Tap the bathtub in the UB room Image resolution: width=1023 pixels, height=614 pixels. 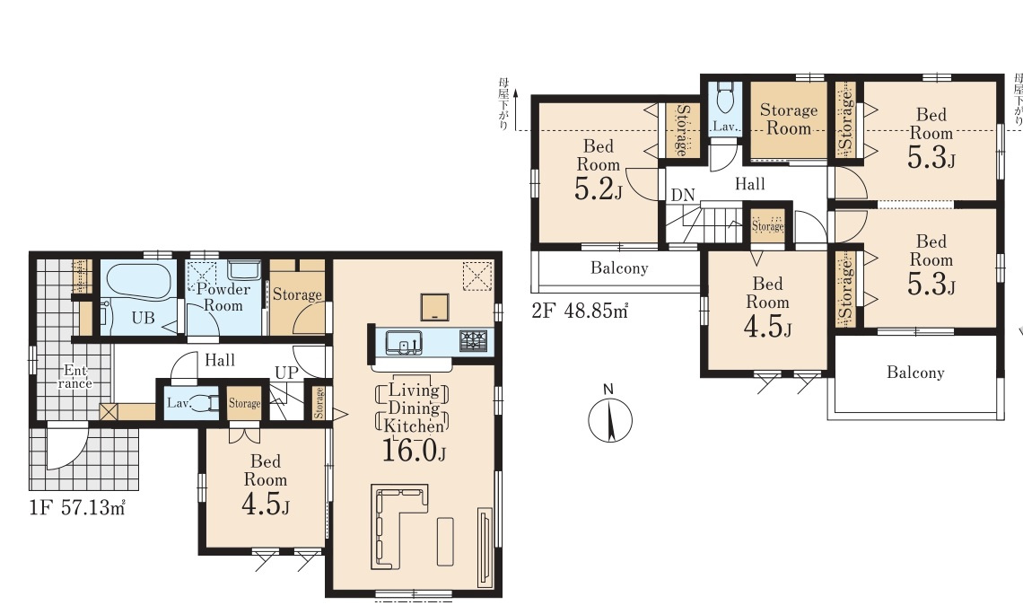138,282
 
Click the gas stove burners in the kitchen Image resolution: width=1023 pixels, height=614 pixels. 473,340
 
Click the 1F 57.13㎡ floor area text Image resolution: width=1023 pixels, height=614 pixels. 77,508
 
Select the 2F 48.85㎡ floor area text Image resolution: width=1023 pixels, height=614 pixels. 580,311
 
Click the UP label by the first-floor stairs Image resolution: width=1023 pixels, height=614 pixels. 286,373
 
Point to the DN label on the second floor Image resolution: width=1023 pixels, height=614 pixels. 683,195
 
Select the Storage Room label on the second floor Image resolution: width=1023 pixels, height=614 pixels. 788,118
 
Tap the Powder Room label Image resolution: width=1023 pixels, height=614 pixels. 223,297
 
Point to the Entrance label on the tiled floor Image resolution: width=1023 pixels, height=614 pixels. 75,377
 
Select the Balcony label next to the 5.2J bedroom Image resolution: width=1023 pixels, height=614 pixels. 619,268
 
